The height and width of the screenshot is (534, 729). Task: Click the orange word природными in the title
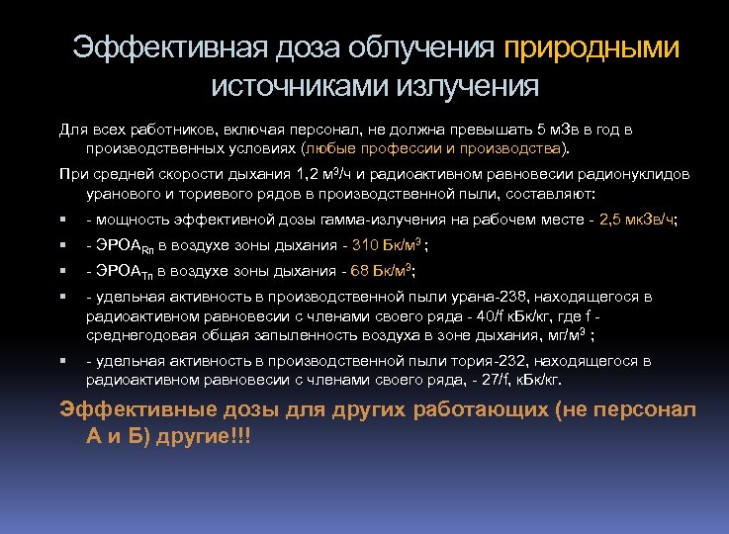pyautogui.click(x=592, y=48)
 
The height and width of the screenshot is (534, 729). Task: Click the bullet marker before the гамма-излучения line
pyautogui.click(x=62, y=220)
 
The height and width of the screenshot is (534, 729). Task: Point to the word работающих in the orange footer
pyautogui.click(x=443, y=409)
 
